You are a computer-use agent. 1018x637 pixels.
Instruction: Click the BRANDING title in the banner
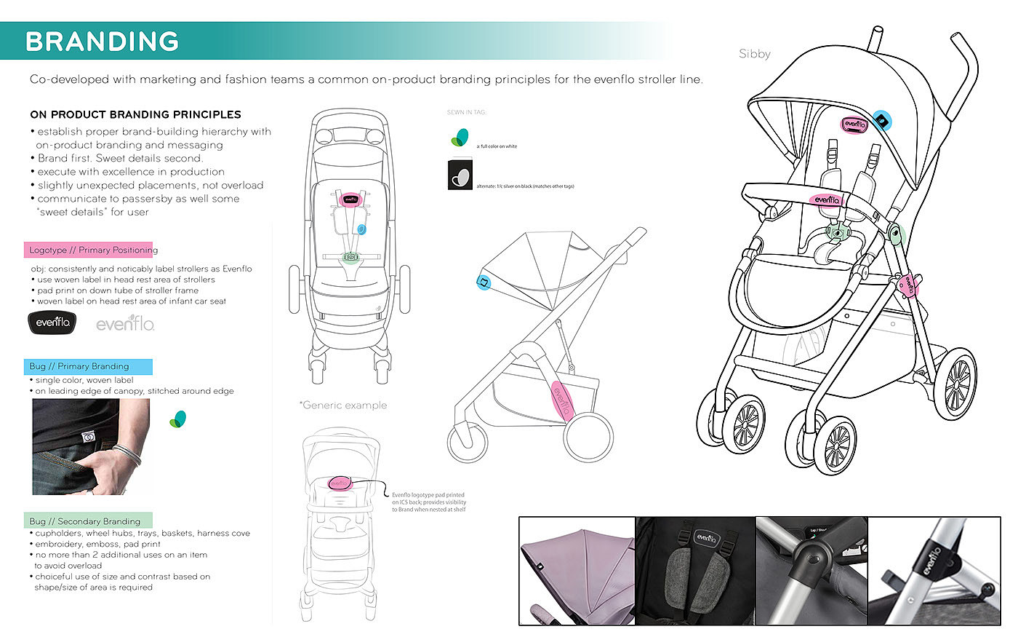tap(103, 41)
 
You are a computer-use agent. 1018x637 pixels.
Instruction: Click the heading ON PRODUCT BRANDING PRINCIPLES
tap(135, 114)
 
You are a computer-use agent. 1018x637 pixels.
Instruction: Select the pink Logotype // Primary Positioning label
tap(89, 250)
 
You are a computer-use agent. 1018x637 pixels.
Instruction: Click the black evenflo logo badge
tap(52, 322)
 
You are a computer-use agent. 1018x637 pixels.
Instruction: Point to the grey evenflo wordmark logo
tap(125, 323)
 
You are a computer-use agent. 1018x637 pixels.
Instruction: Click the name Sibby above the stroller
tap(754, 54)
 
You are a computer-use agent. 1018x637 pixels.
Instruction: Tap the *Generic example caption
tap(343, 405)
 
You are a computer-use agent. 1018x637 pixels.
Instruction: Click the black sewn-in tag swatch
tap(460, 175)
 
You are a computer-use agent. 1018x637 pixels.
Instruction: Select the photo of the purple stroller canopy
tap(577, 571)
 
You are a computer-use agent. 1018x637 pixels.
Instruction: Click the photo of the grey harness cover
tap(696, 571)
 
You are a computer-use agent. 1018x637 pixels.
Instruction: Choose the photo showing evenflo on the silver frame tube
tap(934, 571)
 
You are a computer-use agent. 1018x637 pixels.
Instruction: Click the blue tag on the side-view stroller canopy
tap(483, 282)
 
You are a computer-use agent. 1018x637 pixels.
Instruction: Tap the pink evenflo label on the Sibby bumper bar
tap(827, 199)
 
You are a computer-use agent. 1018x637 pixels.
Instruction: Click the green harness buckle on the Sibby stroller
tap(839, 234)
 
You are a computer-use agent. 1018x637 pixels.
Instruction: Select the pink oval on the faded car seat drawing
tap(340, 483)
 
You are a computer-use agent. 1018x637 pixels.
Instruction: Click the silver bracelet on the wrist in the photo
tap(127, 454)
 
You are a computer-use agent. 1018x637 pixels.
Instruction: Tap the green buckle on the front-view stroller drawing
tap(351, 257)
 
